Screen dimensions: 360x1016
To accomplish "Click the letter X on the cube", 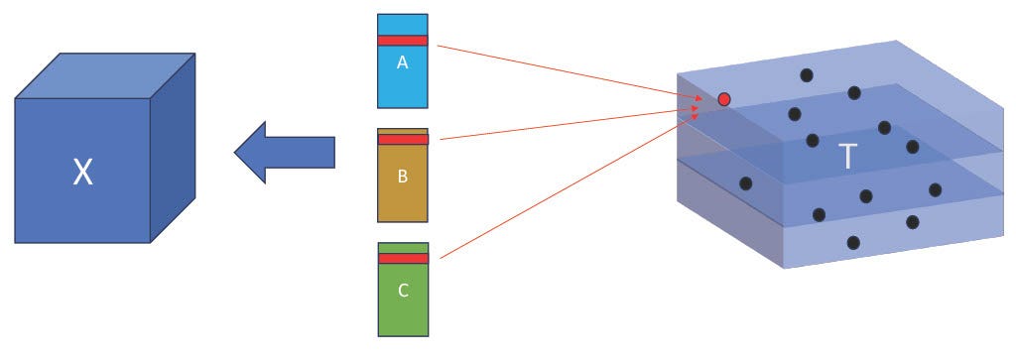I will click(x=82, y=175).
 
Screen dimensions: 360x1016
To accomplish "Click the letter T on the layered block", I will click(x=847, y=158).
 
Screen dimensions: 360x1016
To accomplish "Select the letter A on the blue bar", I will click(x=402, y=62).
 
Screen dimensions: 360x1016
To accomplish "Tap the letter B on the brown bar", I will click(x=402, y=177).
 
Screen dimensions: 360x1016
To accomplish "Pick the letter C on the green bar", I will click(x=402, y=291).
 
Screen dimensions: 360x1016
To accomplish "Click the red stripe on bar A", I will click(x=402, y=41).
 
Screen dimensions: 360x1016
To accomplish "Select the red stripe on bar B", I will click(x=402, y=139).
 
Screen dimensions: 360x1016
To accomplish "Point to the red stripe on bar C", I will click(x=402, y=258).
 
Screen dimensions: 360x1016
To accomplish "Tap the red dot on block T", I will click(x=724, y=99).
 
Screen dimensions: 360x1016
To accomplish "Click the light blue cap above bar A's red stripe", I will click(x=402, y=24).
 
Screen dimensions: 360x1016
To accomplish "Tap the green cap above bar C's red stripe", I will click(x=402, y=247).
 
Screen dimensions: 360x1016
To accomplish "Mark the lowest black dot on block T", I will click(x=852, y=243).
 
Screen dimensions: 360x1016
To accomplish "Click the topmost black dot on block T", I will click(x=806, y=74).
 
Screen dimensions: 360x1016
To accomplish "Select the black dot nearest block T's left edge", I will click(x=745, y=182).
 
